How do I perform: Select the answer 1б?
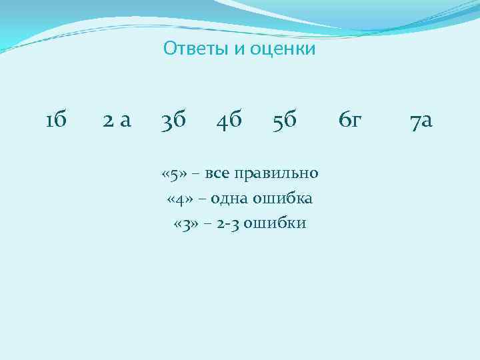coord(55,121)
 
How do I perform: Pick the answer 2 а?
coord(117,121)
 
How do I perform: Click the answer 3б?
coord(174,121)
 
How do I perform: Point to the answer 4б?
coord(229,121)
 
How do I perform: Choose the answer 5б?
coord(285,121)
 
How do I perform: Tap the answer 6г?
coord(350,121)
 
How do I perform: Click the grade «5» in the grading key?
coord(173,174)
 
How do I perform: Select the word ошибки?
coord(275,223)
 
